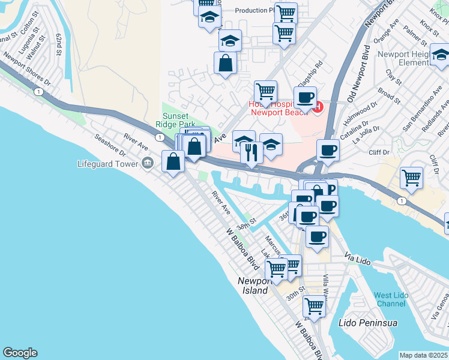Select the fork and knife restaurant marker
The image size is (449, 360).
pos(252,153)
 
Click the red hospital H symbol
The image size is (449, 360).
pos(318,108)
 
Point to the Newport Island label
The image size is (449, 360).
pos(255,286)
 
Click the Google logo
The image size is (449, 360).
pos(20,353)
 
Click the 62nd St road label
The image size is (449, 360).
pos(59,44)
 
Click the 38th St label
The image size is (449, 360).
pos(246,225)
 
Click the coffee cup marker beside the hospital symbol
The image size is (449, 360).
pos(305,97)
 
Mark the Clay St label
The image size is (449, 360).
pos(394,76)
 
